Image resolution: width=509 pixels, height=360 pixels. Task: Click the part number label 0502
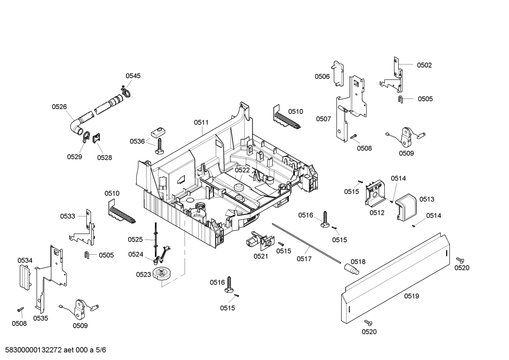point(424,65)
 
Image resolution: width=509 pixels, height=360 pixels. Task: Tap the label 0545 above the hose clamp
point(133,76)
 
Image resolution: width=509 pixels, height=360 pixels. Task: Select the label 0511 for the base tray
point(201,123)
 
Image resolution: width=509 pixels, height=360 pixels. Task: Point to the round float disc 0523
point(162,274)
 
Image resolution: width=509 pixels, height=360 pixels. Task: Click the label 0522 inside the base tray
point(242,170)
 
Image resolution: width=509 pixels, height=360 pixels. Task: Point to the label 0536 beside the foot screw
point(137,141)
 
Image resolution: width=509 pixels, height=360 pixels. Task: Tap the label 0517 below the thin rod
point(304,259)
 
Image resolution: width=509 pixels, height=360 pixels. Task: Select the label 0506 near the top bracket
point(322,76)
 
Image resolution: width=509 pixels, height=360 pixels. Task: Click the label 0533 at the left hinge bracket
point(67,216)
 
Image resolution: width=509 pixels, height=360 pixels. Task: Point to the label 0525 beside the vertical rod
point(135,240)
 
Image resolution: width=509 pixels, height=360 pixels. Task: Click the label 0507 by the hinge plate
point(323,119)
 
